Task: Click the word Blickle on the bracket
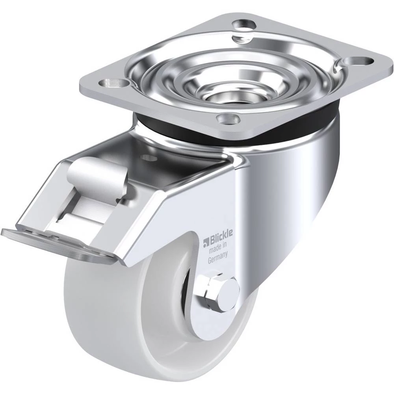click(x=220, y=236)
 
